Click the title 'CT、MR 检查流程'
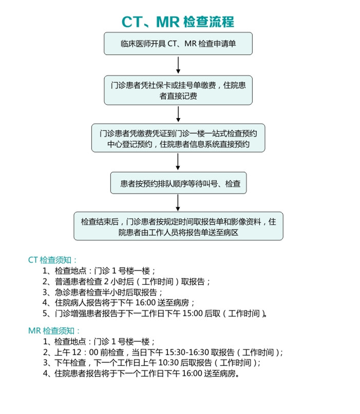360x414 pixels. [x=178, y=22]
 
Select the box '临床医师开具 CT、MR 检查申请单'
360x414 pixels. [x=178, y=44]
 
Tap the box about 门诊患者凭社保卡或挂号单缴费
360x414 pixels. [x=178, y=90]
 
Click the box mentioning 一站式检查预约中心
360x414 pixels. [x=178, y=137]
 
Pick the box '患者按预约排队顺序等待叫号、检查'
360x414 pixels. [x=178, y=183]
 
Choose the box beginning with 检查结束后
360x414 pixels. [x=178, y=227]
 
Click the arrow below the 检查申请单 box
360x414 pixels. [x=178, y=65]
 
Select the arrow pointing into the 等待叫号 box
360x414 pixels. [x=178, y=162]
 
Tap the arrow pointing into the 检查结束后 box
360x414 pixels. [x=178, y=203]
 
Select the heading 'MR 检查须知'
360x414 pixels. [x=53, y=330]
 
